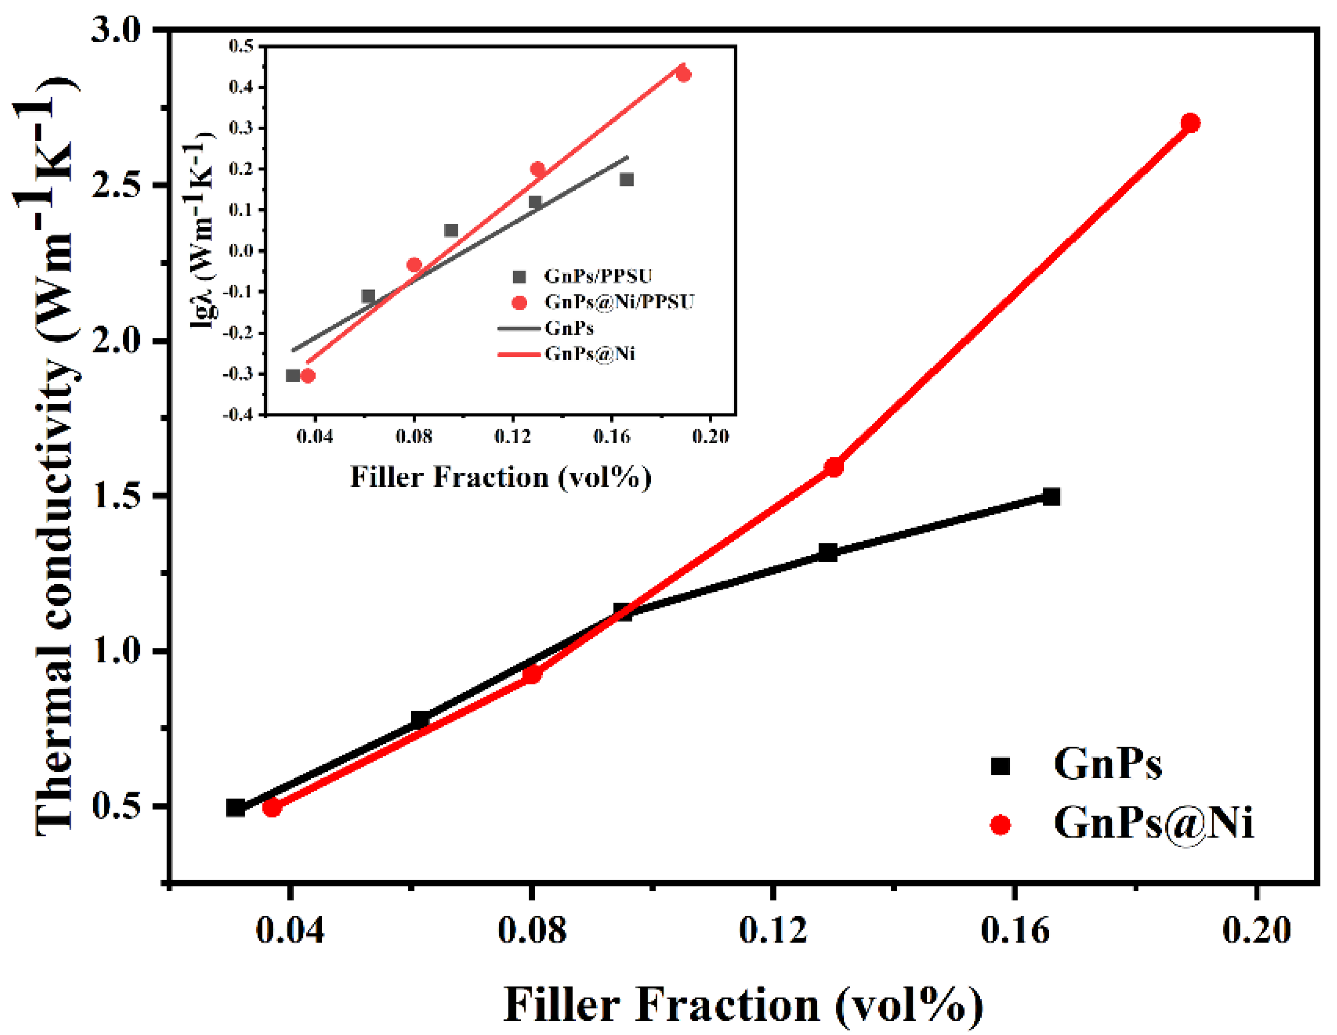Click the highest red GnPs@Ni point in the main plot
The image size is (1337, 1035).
[1189, 123]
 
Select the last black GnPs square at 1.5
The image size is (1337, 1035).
[1051, 497]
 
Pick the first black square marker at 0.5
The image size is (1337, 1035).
[235, 807]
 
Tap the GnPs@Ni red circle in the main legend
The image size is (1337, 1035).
[1000, 826]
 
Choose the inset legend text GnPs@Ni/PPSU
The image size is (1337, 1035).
[619, 302]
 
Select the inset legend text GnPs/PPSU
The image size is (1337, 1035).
[598, 276]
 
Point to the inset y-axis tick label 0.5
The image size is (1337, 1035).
[241, 46]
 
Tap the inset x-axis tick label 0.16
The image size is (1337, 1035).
[611, 436]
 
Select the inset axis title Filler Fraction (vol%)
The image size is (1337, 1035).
[500, 477]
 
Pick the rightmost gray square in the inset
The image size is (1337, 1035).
[626, 179]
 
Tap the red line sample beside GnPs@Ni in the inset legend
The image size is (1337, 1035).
[519, 354]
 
